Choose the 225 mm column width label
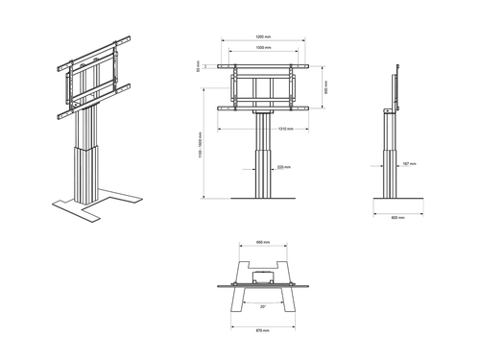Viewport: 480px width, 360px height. pos(283,167)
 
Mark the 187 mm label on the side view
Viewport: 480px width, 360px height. pos(410,164)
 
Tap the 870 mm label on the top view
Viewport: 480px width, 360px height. pos(260,330)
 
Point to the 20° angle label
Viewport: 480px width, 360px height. pos(262,307)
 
